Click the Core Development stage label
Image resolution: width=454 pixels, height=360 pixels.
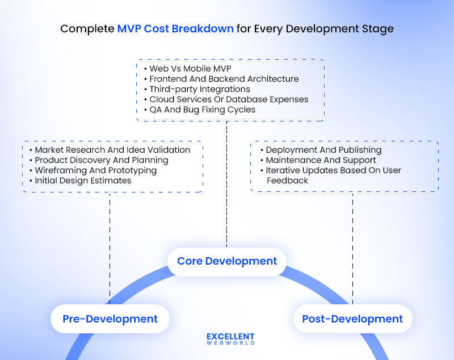[227, 261]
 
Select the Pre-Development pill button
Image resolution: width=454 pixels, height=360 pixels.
[110, 319]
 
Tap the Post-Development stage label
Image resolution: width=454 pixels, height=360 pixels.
[352, 319]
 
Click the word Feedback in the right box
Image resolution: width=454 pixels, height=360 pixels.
[287, 181]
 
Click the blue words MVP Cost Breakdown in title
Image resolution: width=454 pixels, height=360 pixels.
[175, 28]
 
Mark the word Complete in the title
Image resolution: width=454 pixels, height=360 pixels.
[87, 28]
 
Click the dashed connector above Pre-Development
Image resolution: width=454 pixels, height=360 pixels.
[110, 244]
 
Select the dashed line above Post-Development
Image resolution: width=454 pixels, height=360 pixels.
[352, 244]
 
